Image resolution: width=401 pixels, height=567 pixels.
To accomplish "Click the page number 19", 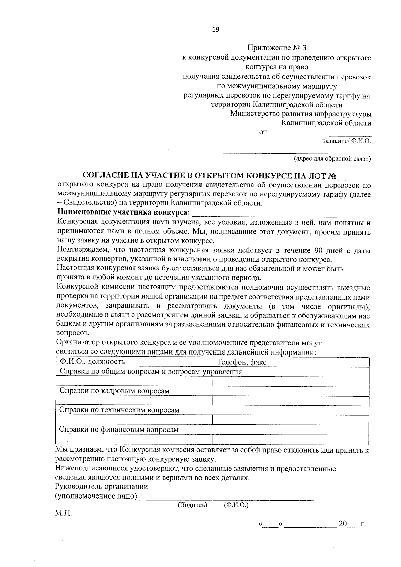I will pyautogui.click(x=216, y=30).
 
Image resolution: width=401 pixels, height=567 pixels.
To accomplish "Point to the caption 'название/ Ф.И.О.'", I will pyautogui.click(x=347, y=141).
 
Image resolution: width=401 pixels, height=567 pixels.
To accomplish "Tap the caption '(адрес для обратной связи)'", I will pyautogui.click(x=332, y=159).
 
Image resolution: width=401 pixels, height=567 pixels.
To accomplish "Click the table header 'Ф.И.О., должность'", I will pyautogui.click(x=92, y=362).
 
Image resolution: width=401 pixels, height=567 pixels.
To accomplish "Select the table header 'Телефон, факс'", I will pyautogui.click(x=241, y=362).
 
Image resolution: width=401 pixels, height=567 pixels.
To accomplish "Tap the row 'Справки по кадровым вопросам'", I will pyautogui.click(x=114, y=391).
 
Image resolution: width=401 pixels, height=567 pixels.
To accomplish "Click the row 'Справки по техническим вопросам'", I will pyautogui.click(x=119, y=410).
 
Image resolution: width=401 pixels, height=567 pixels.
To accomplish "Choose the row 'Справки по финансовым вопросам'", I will pyautogui.click(x=119, y=430).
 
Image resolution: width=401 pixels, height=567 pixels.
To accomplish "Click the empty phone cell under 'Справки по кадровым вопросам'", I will pyautogui.click(x=290, y=400).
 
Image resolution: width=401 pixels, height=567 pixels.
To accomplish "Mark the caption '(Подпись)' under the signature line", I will pyautogui.click(x=192, y=505).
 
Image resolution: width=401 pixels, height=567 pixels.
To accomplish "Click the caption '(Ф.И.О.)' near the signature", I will pyautogui.click(x=236, y=505).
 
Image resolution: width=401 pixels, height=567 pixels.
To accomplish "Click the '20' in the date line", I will pyautogui.click(x=343, y=524).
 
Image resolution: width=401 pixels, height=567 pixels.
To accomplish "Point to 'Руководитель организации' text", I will pyautogui.click(x=102, y=487).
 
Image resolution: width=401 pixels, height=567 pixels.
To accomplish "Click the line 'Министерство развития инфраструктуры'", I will pyautogui.click(x=301, y=114).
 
